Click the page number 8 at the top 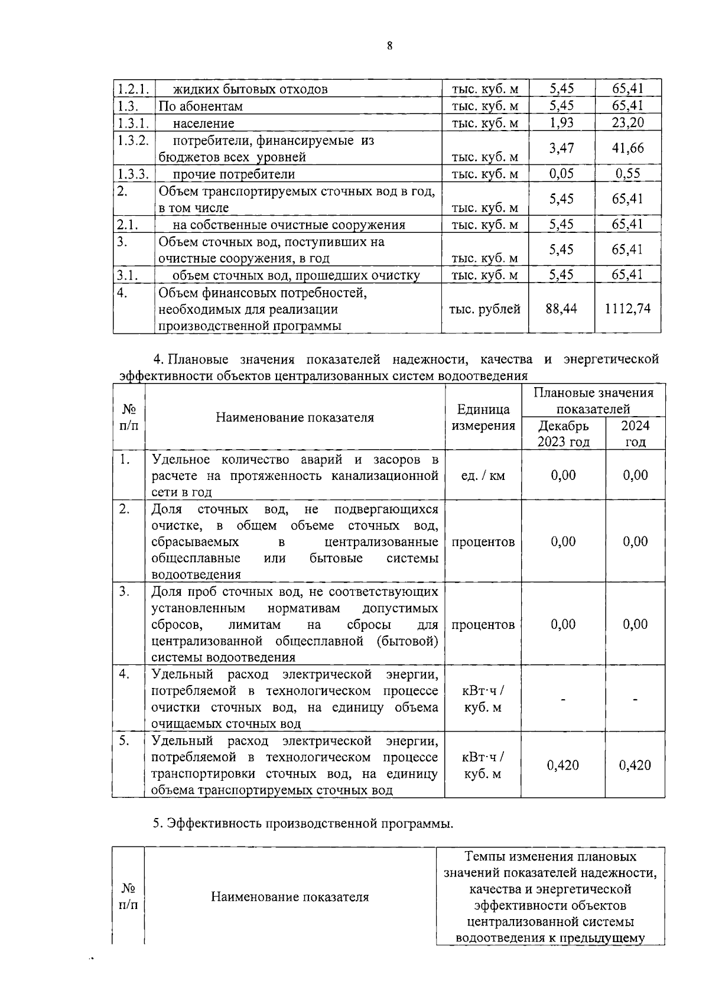[x=390, y=46]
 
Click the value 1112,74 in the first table [x=627, y=308]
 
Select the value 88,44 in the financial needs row [x=561, y=308]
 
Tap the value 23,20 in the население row [x=627, y=123]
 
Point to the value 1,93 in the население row [x=561, y=123]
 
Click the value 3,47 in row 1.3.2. [x=561, y=148]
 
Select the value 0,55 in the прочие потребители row [x=627, y=174]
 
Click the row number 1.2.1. [x=133, y=89]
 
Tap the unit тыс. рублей [x=484, y=309]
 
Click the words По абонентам [x=200, y=106]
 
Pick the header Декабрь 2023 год [x=563, y=434]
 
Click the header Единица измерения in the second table [x=483, y=417]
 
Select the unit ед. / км [x=483, y=475]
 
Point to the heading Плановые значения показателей [x=593, y=401]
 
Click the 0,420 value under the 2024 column [x=635, y=765]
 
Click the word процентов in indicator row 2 [x=483, y=542]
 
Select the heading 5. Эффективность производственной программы [x=303, y=823]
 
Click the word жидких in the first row [x=192, y=90]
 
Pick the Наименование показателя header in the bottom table [x=290, y=897]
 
